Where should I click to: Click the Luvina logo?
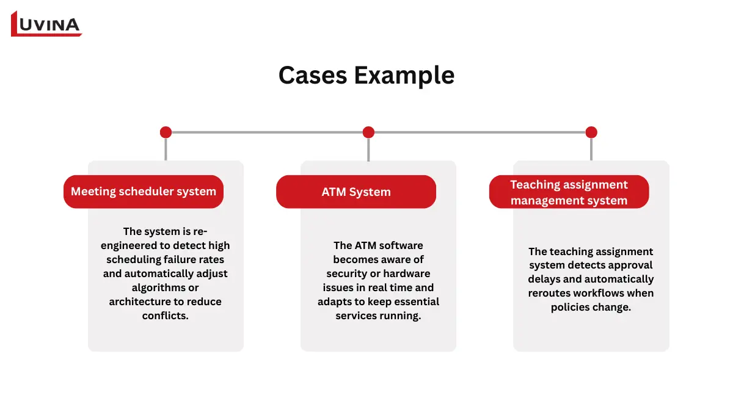[46, 24]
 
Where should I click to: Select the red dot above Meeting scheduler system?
[166, 132]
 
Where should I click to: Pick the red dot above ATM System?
[368, 132]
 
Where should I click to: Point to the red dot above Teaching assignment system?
[591, 132]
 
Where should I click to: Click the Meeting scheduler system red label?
[144, 192]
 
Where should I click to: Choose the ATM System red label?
[356, 192]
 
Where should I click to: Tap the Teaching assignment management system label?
[569, 192]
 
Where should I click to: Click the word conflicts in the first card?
[166, 316]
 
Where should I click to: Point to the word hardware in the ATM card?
[407, 273]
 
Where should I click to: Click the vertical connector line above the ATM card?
[368, 150]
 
